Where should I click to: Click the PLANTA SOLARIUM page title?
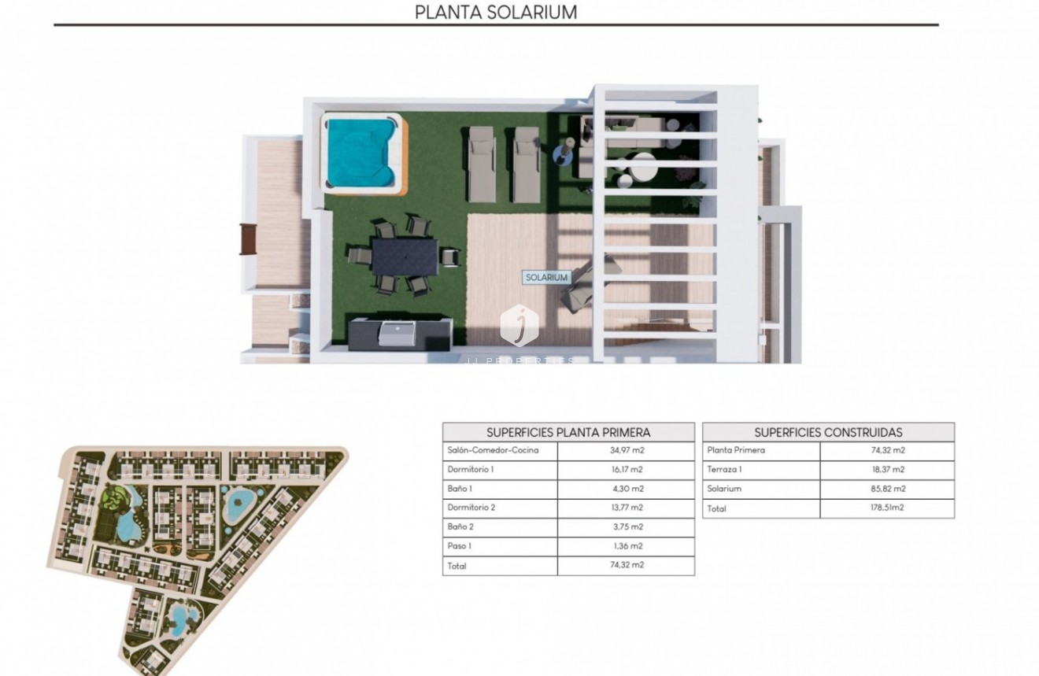pyautogui.click(x=496, y=13)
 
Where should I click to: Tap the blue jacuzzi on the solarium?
pyautogui.click(x=359, y=153)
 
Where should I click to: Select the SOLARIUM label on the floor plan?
pyautogui.click(x=546, y=277)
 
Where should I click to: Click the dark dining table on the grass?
pyautogui.click(x=405, y=256)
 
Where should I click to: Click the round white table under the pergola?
pyautogui.click(x=643, y=167)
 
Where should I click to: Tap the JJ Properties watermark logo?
pyautogui.click(x=519, y=326)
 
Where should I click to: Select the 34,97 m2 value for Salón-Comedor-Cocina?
pyautogui.click(x=626, y=450)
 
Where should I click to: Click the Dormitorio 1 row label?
pyautogui.click(x=471, y=470)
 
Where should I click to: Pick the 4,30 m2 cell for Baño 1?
pyautogui.click(x=626, y=489)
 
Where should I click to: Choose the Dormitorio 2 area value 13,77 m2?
pyautogui.click(x=626, y=508)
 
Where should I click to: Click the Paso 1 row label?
pyautogui.click(x=460, y=546)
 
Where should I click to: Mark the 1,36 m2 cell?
pyautogui.click(x=626, y=546)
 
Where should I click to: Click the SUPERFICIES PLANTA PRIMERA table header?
pyautogui.click(x=568, y=432)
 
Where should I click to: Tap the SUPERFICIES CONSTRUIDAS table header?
pyautogui.click(x=828, y=432)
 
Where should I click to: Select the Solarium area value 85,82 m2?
pyautogui.click(x=887, y=489)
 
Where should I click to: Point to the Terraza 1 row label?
pyautogui.click(x=725, y=470)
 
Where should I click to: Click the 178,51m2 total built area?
pyautogui.click(x=887, y=508)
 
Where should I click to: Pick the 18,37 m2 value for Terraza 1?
pyautogui.click(x=887, y=470)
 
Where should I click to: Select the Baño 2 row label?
pyautogui.click(x=460, y=527)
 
